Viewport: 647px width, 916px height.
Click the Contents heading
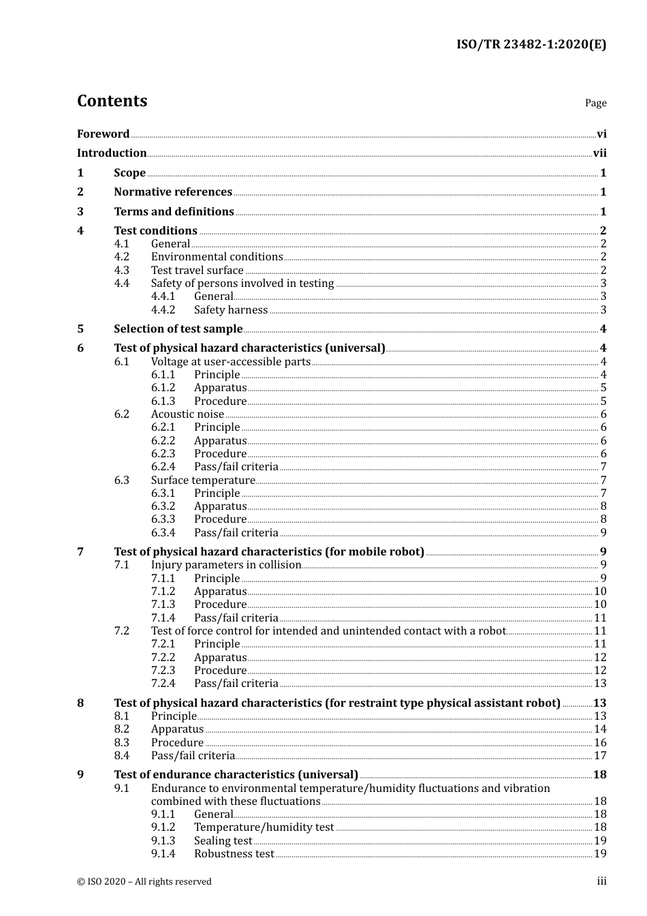(112, 101)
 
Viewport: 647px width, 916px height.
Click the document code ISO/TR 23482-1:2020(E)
(531, 45)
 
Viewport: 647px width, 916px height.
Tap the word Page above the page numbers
(595, 103)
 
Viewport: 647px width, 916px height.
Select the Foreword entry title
(103, 134)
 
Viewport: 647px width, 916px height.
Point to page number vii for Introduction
(599, 153)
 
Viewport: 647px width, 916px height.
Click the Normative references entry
(173, 192)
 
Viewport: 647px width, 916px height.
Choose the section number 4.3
(121, 271)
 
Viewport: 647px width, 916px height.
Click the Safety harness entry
(231, 310)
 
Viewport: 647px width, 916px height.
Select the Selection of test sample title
(178, 329)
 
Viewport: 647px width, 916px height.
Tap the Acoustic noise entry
(187, 414)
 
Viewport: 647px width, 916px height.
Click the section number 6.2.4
(163, 467)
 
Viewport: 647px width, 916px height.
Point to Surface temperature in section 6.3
(203, 480)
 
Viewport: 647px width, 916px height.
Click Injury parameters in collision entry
(225, 565)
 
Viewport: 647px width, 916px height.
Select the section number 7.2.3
(163, 671)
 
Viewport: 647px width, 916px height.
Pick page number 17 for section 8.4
(600, 756)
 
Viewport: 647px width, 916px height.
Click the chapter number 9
(80, 775)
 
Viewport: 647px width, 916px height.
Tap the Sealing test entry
(223, 841)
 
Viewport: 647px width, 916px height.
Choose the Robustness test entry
(234, 854)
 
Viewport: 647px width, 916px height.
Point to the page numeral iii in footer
(602, 881)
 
